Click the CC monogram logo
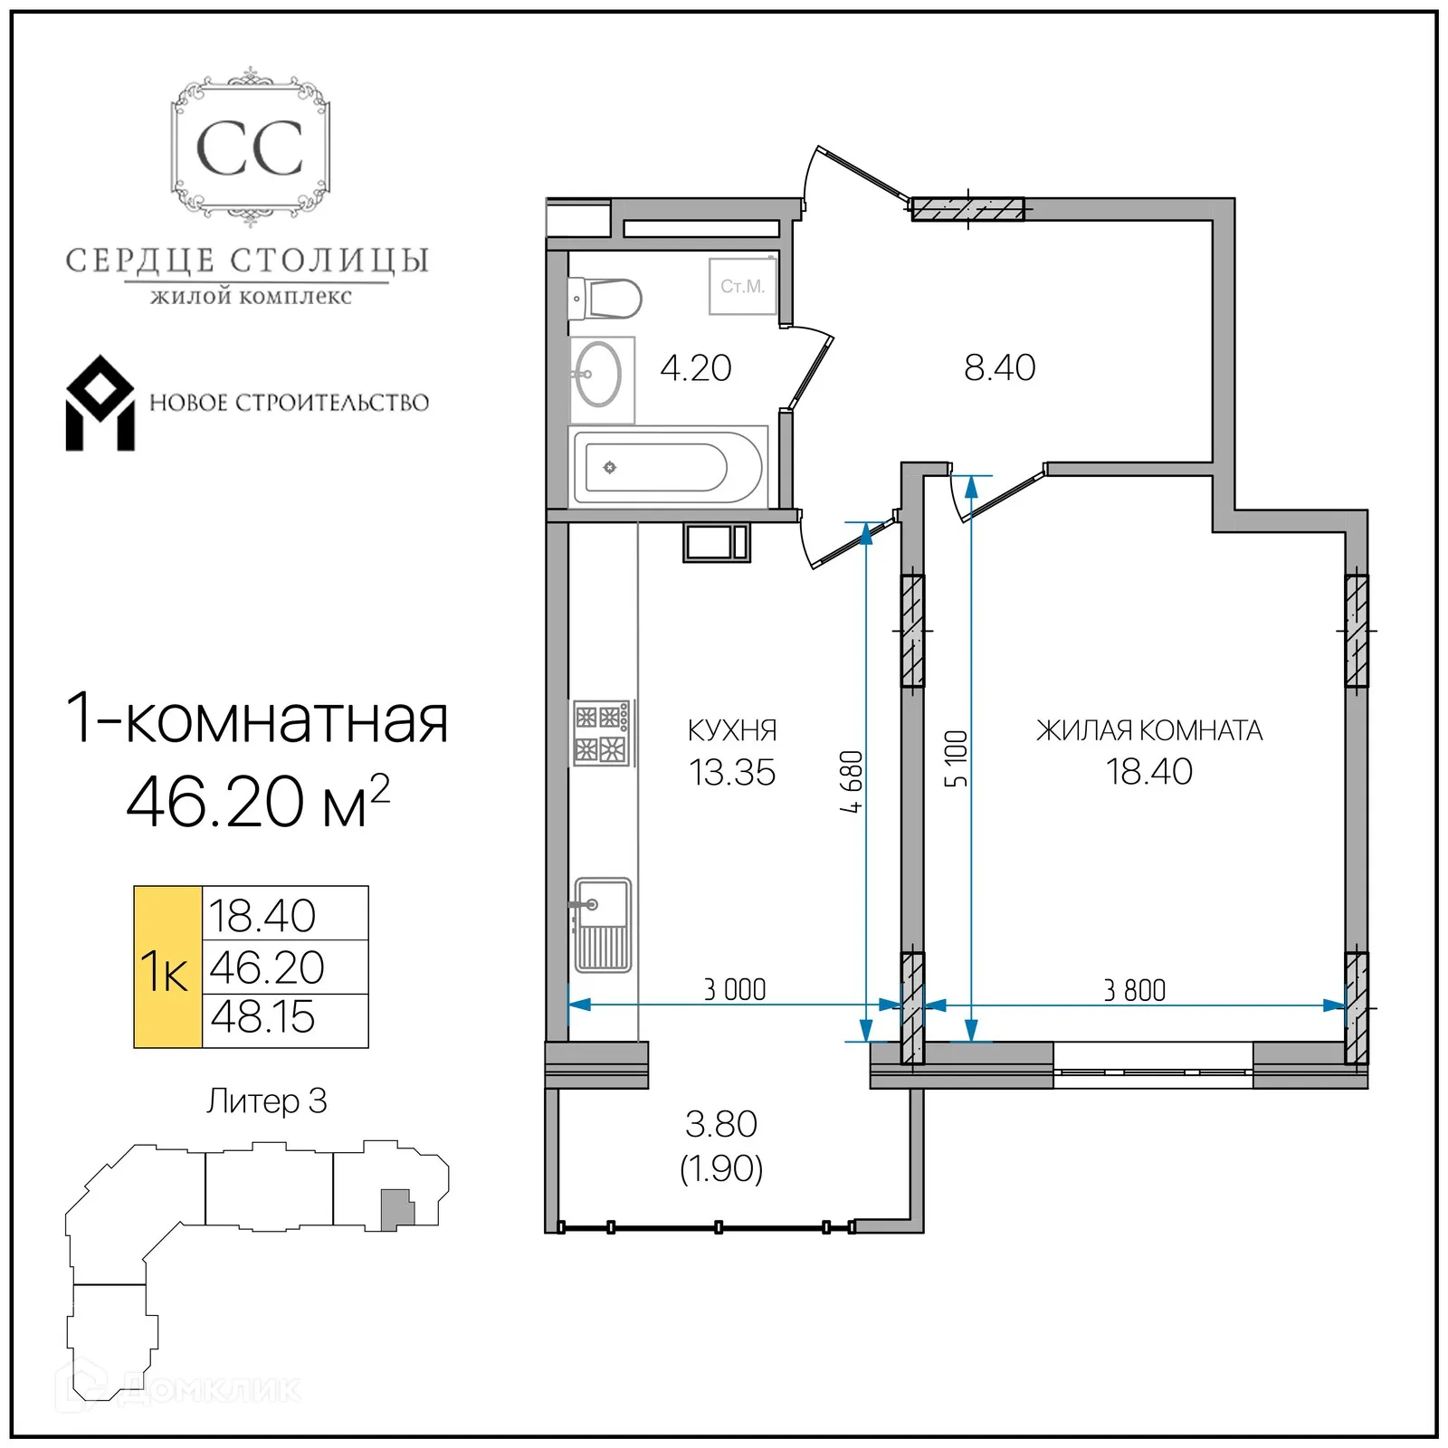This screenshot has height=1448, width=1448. tap(250, 148)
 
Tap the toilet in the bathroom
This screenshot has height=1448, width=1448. tap(606, 299)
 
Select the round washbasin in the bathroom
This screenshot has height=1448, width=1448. tap(598, 375)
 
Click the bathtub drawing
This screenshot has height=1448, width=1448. tap(668, 468)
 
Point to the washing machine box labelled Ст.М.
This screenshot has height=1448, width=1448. tap(742, 286)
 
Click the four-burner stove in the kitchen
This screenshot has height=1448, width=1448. tap(602, 734)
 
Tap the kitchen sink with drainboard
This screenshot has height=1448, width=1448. tap(603, 925)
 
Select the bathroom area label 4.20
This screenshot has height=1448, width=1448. tap(695, 368)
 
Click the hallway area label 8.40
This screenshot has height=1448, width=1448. tap(999, 367)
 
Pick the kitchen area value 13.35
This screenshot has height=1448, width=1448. tap(732, 773)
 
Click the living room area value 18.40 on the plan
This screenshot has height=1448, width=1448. tap(1148, 772)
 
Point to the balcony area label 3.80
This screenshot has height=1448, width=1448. tap(721, 1124)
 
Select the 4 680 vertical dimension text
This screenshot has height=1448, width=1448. tap(852, 782)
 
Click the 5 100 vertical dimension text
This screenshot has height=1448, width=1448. tap(957, 758)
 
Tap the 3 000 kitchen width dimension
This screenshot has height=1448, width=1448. tap(735, 989)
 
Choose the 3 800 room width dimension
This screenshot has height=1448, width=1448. tap(1134, 990)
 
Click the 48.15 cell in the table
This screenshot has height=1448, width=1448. tap(262, 1017)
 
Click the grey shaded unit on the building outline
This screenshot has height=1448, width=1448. tap(395, 1209)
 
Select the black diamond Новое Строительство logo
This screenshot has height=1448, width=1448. tap(100, 404)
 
